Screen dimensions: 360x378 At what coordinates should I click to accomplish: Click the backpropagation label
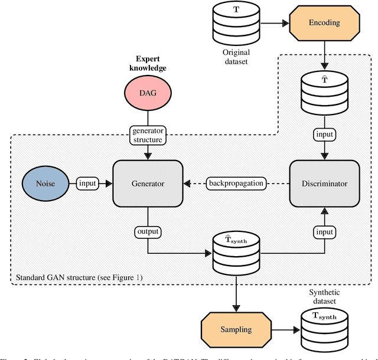click(236, 184)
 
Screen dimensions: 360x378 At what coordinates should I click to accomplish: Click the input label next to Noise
click(87, 184)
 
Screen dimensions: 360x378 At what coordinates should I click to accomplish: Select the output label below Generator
click(148, 231)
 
